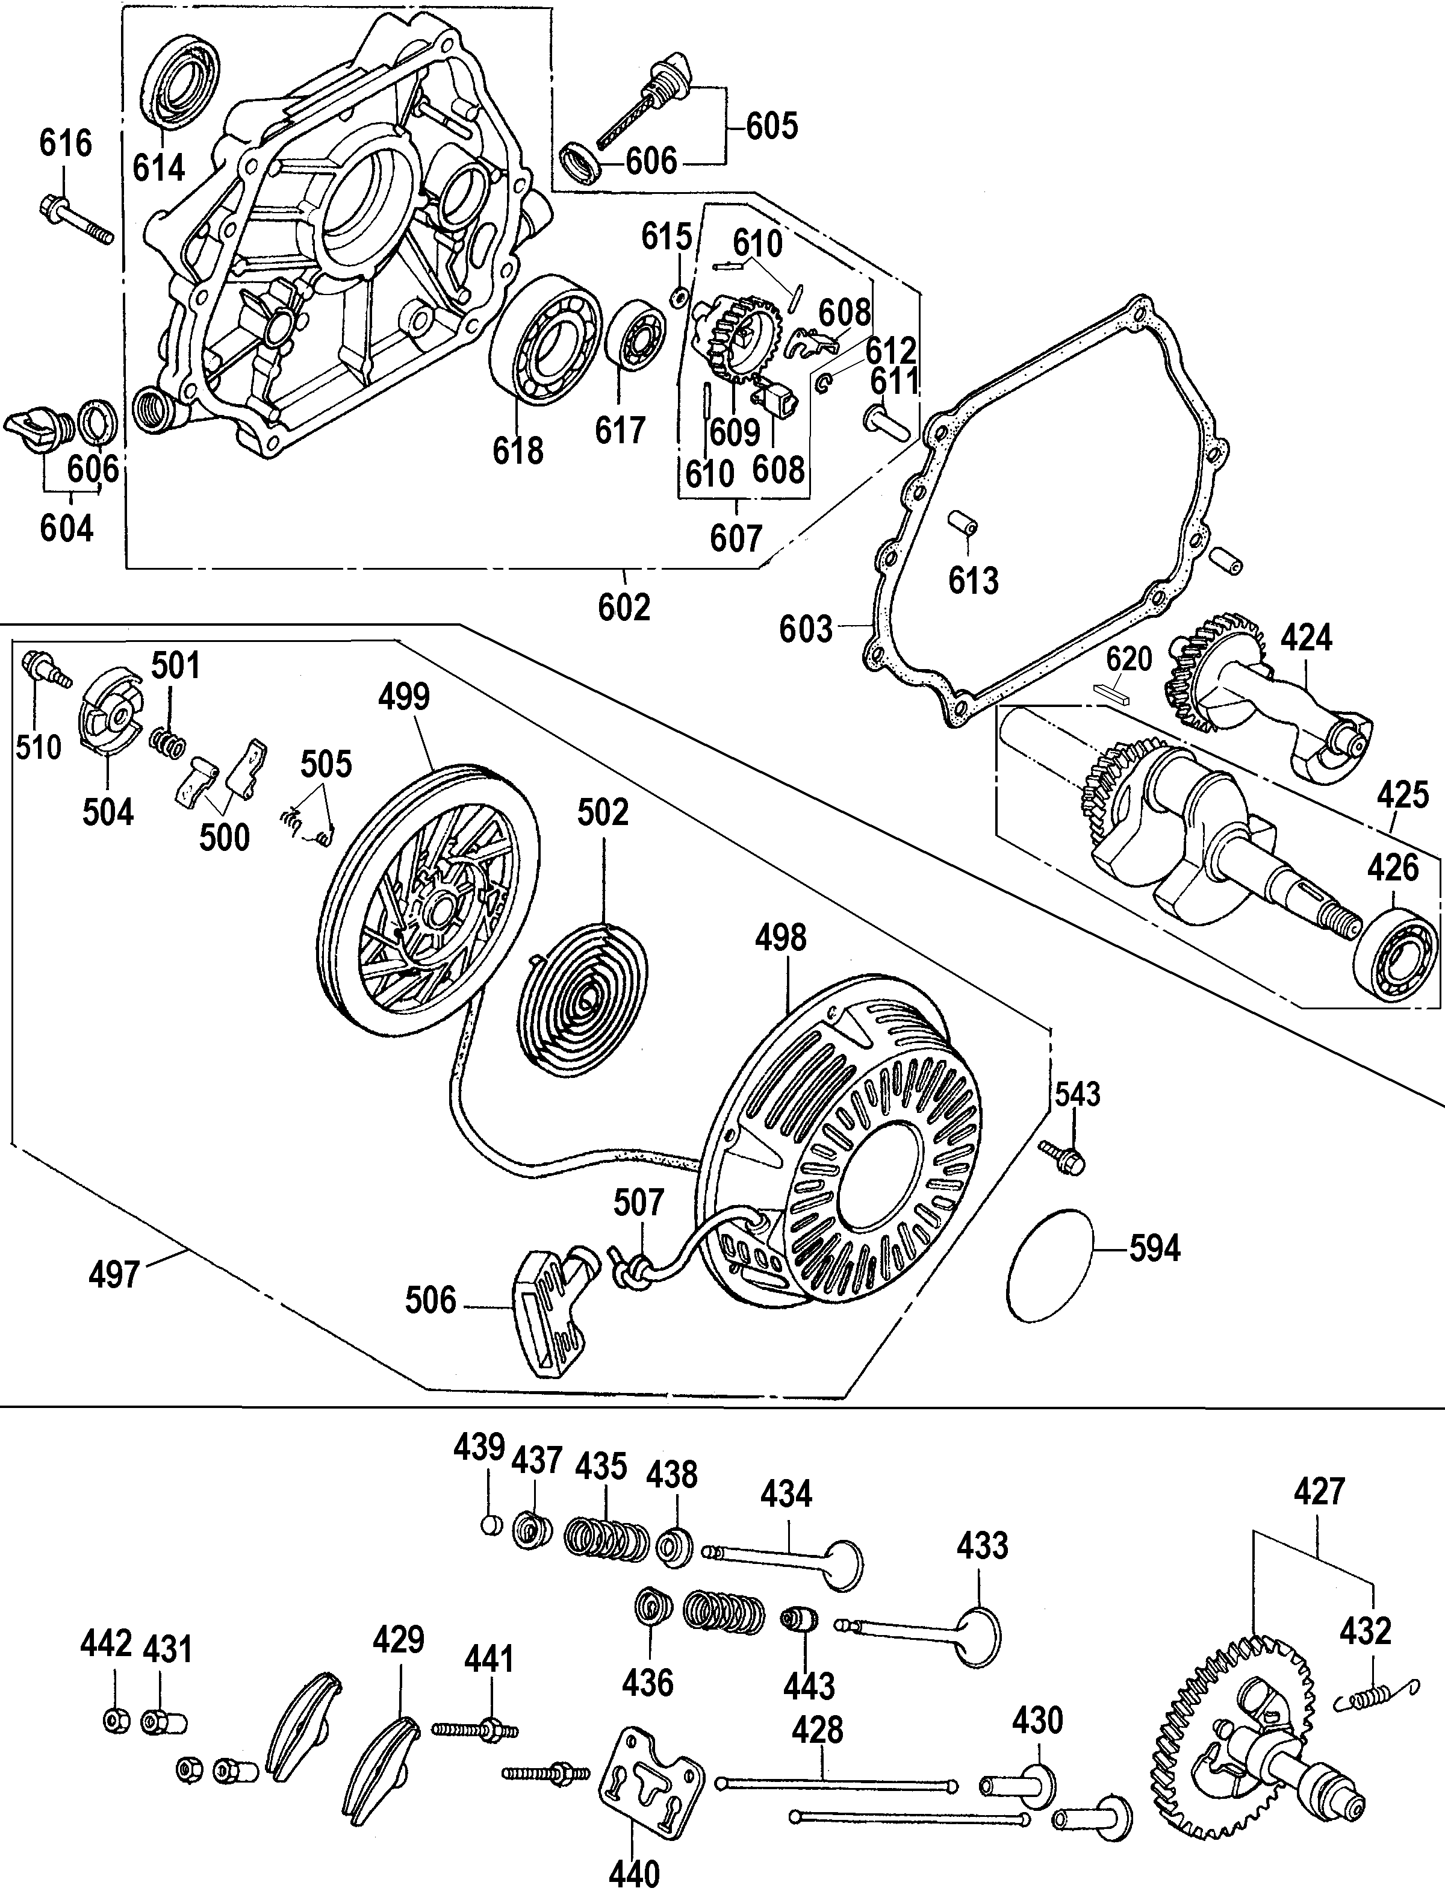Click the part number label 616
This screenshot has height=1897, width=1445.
[66, 142]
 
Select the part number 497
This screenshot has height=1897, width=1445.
[114, 1273]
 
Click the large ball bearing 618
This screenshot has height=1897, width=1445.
[545, 343]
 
